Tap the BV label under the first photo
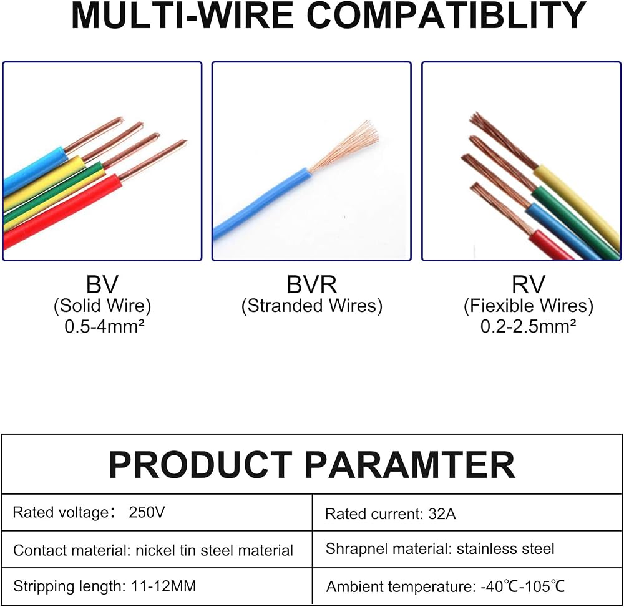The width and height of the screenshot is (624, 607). pos(102,284)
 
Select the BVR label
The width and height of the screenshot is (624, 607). pos(311,284)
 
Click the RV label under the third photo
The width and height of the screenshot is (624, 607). pos(528,284)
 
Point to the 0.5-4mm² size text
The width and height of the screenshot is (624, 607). pos(104,326)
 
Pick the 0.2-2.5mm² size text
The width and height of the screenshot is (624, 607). pos(528,326)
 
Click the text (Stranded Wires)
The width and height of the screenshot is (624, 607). pos(311,306)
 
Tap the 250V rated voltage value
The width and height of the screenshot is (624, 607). pos(147,512)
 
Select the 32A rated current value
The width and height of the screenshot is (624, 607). pos(442,514)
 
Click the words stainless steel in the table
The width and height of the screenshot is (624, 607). pos(505,549)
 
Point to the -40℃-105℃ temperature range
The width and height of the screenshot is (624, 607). pos(523,586)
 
